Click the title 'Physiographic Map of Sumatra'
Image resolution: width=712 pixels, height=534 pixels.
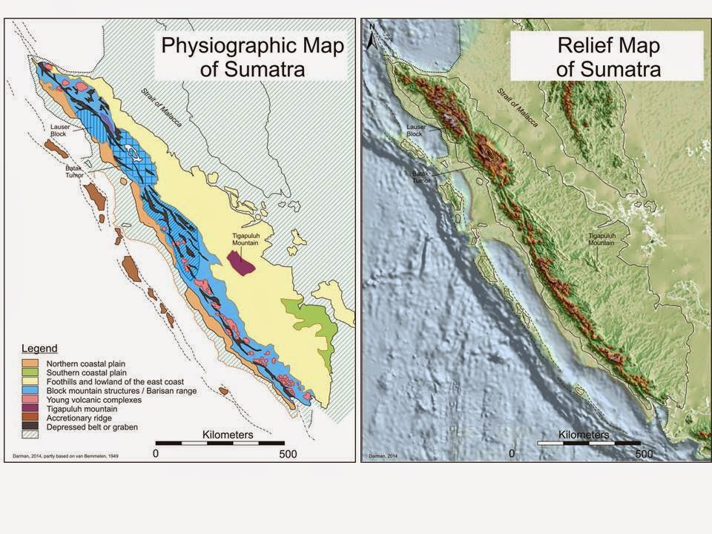(253, 58)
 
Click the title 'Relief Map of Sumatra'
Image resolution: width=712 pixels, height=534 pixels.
(609, 58)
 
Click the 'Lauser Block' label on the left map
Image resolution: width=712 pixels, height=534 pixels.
(60, 131)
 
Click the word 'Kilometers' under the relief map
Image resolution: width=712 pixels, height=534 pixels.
(584, 435)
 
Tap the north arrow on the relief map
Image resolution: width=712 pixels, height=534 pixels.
(373, 37)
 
